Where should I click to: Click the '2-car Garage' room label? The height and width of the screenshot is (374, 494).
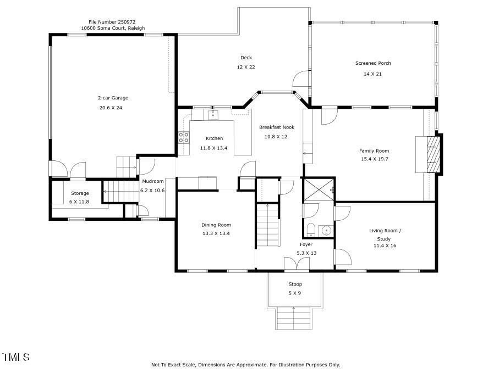coord(113,98)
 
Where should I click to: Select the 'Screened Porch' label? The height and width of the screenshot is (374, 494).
coord(372,63)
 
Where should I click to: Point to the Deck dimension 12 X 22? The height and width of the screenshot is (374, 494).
coord(246,67)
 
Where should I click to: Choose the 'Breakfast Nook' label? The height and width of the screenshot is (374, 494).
coord(276,127)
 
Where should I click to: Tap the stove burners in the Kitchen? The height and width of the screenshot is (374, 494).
coord(183,138)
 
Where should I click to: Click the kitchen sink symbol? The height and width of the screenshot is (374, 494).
coord(213,115)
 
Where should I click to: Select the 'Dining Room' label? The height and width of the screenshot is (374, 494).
coord(216,225)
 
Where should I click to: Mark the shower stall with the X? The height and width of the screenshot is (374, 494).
coord(319,189)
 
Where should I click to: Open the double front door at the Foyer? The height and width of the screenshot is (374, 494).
coord(296,264)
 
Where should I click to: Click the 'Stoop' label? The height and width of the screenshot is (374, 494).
coord(295,284)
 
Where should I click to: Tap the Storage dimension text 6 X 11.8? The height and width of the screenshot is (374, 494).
coord(79,202)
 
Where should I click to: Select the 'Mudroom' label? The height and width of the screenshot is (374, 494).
coord(152,181)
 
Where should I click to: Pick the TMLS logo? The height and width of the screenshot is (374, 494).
coord(15,358)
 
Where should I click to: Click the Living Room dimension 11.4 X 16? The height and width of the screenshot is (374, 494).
coord(385,245)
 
